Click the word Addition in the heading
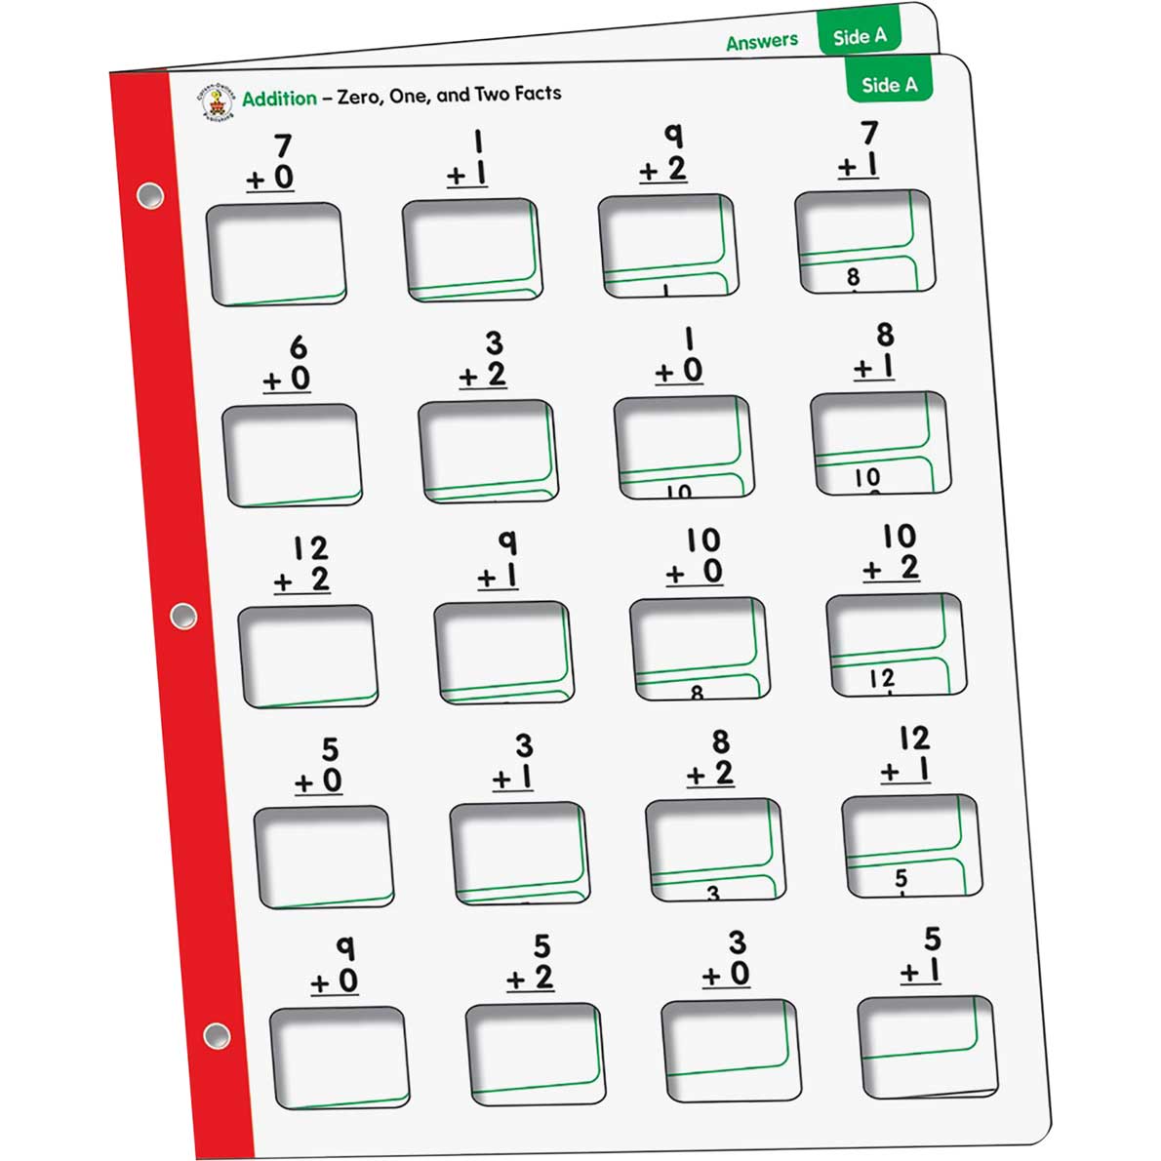[x=279, y=99]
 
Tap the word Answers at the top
[x=761, y=41]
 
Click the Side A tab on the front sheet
[x=889, y=84]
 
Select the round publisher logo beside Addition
[x=216, y=99]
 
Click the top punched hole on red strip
[x=149, y=196]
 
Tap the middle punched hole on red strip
[x=182, y=616]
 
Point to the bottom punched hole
[x=217, y=1035]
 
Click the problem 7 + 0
[x=272, y=163]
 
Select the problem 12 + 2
[x=303, y=565]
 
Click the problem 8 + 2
[x=711, y=758]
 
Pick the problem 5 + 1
[x=922, y=956]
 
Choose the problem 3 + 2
[x=484, y=359]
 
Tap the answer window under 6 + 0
[x=291, y=456]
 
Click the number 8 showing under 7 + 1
[x=854, y=277]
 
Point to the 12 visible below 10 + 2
[x=881, y=678]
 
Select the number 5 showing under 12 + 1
[x=901, y=879]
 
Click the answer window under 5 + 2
[x=535, y=1055]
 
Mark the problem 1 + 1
[x=469, y=159]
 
